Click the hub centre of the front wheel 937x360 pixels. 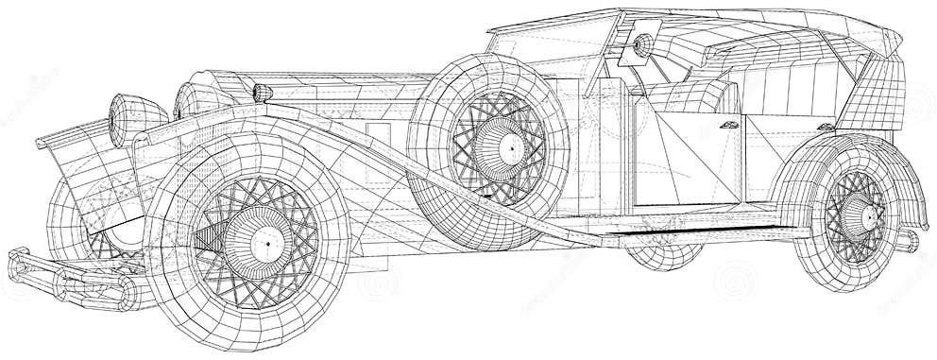click(x=266, y=245)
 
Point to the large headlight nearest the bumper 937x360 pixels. click(x=123, y=114)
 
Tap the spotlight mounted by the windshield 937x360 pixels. click(x=642, y=44)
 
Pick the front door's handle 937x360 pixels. click(x=729, y=126)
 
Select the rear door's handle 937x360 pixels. click(x=826, y=127)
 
